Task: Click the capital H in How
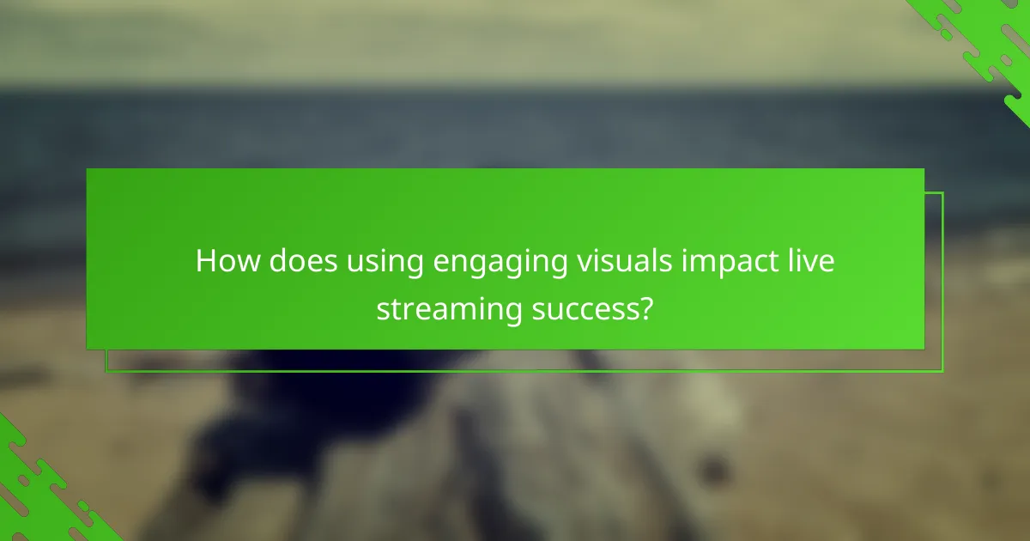click(x=205, y=262)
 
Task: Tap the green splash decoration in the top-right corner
click(x=987, y=43)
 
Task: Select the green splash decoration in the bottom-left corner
click(x=43, y=489)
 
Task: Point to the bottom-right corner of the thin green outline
click(x=942, y=371)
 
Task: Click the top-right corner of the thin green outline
click(x=942, y=193)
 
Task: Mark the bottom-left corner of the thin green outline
click(x=106, y=371)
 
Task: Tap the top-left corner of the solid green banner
click(x=88, y=169)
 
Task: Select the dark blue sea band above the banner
click(x=515, y=120)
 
